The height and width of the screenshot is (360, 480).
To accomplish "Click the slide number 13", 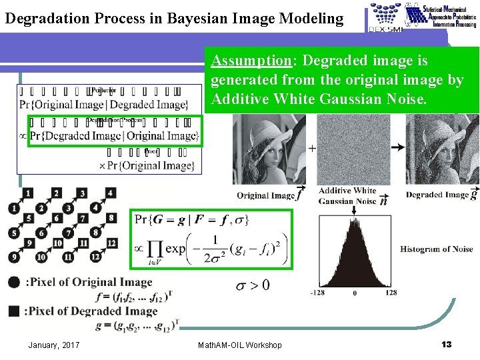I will [447, 344].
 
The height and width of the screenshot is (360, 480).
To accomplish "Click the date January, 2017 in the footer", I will [54, 345].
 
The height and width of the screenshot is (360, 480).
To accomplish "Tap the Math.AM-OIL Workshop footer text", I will [240, 345].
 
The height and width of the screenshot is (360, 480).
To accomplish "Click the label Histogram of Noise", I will [437, 249].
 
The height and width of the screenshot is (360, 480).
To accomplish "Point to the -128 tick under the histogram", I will [317, 293].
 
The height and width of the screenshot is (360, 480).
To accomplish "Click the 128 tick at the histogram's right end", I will [391, 293].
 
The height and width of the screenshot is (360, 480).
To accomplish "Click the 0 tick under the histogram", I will [355, 293].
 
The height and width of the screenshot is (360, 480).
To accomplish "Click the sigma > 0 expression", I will [253, 285].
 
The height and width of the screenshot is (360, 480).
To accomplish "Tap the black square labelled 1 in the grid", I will [27, 193].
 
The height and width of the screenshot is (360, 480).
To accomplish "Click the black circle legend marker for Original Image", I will [14, 282].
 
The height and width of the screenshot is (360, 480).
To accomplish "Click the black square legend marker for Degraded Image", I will [14, 311].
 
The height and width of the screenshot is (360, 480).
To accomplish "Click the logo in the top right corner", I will [423, 16].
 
